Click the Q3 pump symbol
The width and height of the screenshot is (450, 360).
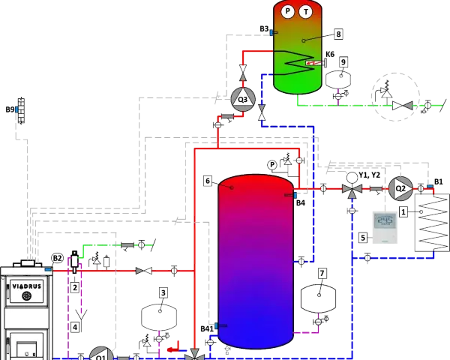click(x=243, y=99)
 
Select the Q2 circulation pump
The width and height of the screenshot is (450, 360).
click(x=400, y=188)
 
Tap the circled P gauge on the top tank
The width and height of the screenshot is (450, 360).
click(x=287, y=11)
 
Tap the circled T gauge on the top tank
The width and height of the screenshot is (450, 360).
click(x=306, y=12)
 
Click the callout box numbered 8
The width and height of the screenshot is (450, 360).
click(x=338, y=34)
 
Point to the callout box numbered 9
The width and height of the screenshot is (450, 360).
click(x=343, y=62)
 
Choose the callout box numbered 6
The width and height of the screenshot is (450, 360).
click(x=208, y=181)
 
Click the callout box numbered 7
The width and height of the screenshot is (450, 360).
click(x=322, y=273)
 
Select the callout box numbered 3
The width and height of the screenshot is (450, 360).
click(x=163, y=292)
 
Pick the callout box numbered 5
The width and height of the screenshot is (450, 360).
click(x=363, y=238)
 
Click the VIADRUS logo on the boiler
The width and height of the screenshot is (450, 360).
click(x=27, y=286)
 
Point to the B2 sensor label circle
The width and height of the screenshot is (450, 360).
click(x=57, y=258)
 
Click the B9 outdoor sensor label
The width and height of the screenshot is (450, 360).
click(x=10, y=109)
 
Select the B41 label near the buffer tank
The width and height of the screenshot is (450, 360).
click(x=207, y=328)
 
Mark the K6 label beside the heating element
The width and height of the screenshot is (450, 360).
click(x=330, y=54)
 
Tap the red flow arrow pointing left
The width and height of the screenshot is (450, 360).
click(x=174, y=347)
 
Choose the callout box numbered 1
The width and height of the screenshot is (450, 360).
click(x=403, y=212)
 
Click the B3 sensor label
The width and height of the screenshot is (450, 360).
click(x=264, y=28)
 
